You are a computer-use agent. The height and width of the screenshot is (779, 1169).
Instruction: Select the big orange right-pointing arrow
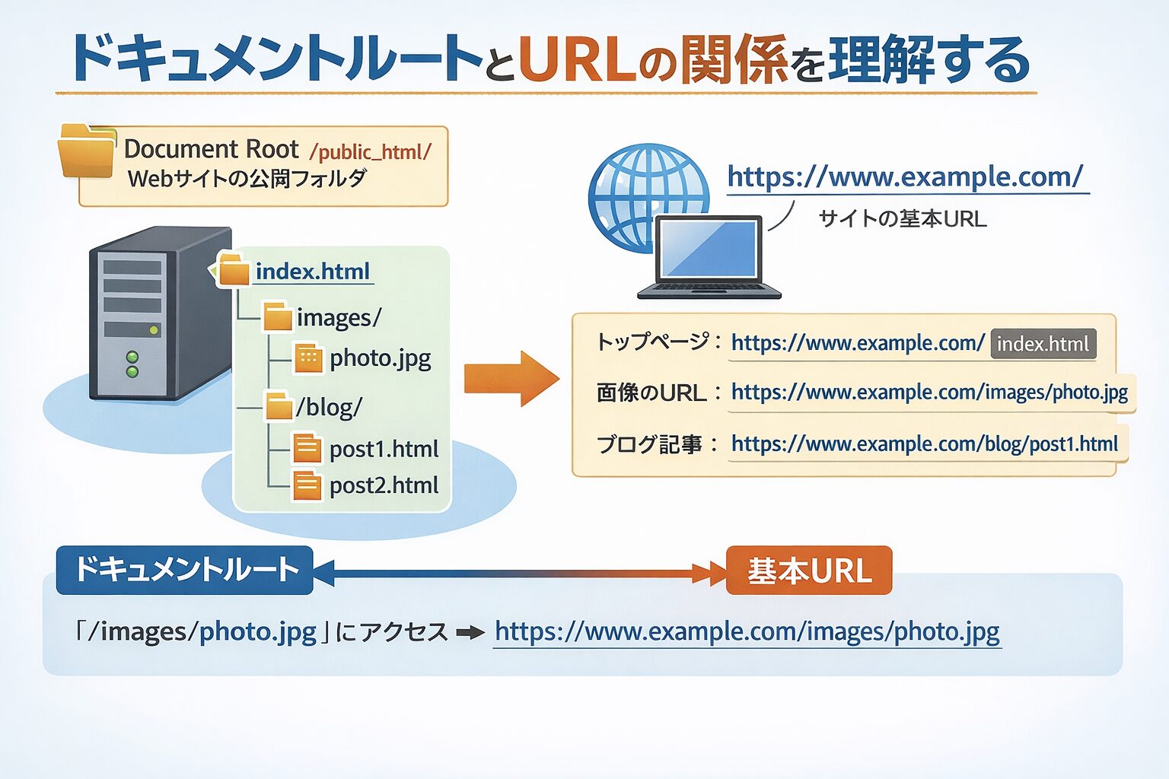(511, 378)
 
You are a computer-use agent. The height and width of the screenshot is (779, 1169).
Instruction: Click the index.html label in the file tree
(313, 272)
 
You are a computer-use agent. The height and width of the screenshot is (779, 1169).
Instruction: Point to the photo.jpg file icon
(308, 358)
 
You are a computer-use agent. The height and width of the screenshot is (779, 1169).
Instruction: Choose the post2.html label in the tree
(384, 485)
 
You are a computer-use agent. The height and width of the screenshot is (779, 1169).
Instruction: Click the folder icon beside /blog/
(279, 406)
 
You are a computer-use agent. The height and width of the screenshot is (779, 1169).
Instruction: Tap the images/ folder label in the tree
(339, 317)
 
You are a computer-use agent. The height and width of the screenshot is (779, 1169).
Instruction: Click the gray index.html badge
(1043, 344)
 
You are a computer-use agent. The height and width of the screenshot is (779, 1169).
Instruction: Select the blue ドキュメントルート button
(185, 570)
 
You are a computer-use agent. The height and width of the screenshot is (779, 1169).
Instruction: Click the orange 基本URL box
(809, 571)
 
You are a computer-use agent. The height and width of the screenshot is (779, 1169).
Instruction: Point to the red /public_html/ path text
(371, 151)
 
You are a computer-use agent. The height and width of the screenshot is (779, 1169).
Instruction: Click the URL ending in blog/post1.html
(924, 444)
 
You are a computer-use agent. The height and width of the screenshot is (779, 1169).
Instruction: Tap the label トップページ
(652, 342)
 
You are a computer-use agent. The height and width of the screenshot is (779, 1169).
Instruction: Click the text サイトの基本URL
(902, 219)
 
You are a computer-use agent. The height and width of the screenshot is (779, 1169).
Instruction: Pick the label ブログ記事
(648, 444)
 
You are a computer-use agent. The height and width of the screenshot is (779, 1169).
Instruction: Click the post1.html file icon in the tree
(307, 448)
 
